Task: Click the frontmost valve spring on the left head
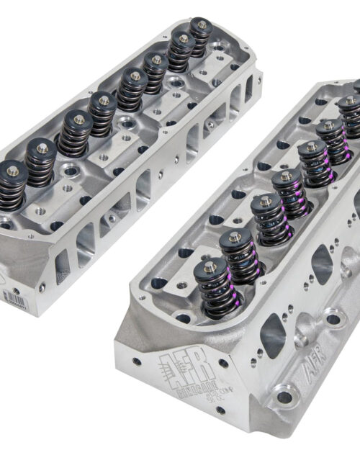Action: point(12,186)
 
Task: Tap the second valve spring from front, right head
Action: point(239,256)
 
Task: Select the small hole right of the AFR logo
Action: point(224,362)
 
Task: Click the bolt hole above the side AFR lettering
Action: point(333,317)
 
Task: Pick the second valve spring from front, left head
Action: point(42,163)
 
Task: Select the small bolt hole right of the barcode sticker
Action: point(41,287)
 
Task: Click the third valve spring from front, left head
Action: point(75,134)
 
